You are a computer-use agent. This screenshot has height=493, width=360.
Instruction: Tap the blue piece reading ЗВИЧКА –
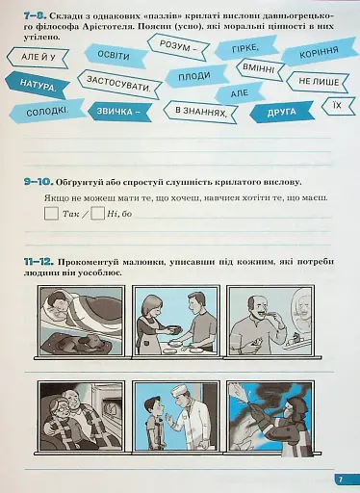tap(124, 113)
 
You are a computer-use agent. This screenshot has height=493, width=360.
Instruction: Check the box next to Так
tap(52, 214)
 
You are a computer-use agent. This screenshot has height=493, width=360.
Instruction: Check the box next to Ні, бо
tap(96, 214)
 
